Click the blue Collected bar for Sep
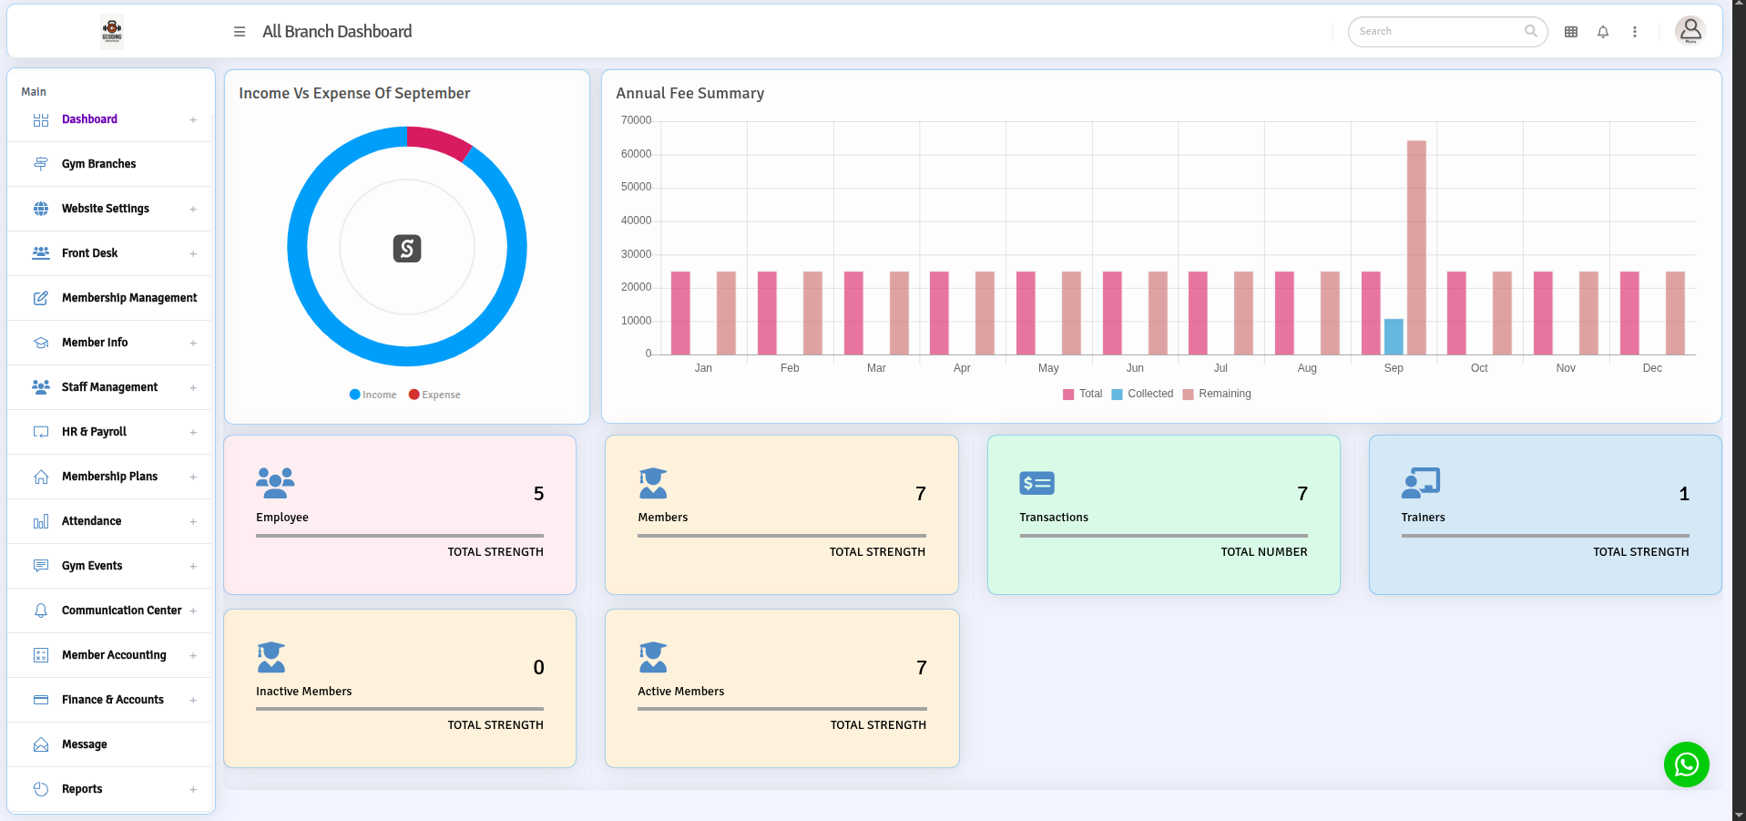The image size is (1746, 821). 1393,337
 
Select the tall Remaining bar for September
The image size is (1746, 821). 1416,247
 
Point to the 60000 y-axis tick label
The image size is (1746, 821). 636,154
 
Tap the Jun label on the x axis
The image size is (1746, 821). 1134,368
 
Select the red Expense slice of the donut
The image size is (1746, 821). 440,141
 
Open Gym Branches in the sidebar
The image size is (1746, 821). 98,164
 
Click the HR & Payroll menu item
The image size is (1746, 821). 94,432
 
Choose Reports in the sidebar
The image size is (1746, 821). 82,789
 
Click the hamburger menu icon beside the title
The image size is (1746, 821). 240,32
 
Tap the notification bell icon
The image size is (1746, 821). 1603,32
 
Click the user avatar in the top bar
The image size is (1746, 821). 1690,31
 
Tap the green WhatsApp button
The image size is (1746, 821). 1686,765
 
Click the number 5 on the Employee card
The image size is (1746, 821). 538,494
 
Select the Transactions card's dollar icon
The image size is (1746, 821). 1036,483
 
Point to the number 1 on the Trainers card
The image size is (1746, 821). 1683,494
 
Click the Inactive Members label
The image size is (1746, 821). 303,692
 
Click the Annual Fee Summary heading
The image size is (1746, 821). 689,93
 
